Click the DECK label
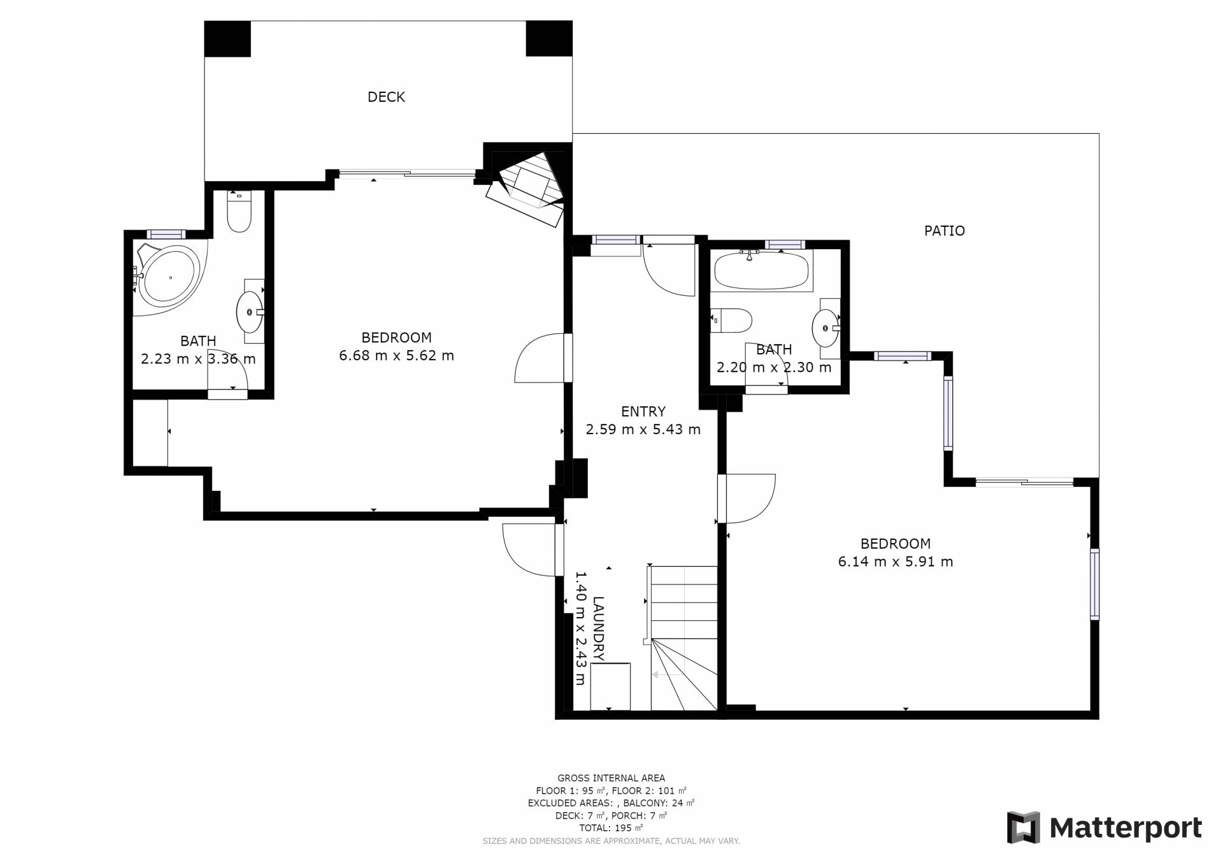tap(386, 97)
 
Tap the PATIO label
tap(944, 231)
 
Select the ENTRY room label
tap(643, 412)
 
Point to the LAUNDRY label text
tap(598, 629)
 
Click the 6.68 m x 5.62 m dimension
tap(396, 356)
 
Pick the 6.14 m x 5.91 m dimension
tap(895, 562)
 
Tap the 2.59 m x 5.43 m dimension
tap(643, 430)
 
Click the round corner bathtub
tap(170, 278)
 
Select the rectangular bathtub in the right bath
tap(762, 270)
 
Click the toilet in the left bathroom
tap(240, 212)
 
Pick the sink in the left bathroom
tap(250, 312)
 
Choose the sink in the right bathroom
tap(826, 328)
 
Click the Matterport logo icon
tap(1023, 827)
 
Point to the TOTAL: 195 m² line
tap(611, 828)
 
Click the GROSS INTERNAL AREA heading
tap(611, 778)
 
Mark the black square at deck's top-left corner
tap(227, 39)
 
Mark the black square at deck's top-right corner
tap(549, 39)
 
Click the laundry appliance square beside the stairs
tap(610, 687)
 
